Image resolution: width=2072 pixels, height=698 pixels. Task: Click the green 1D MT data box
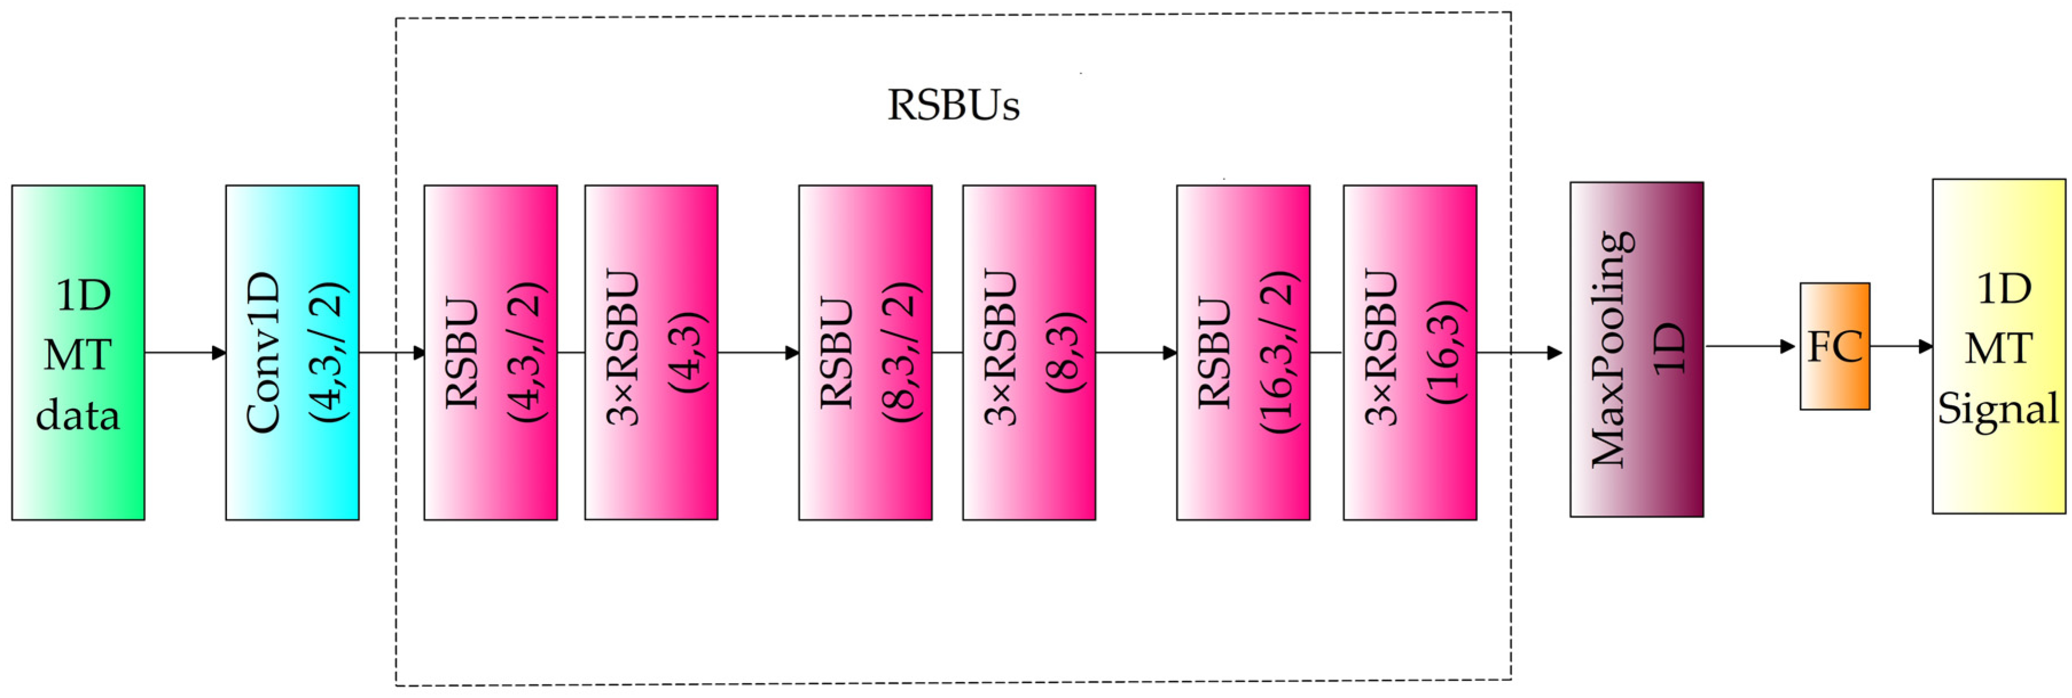(78, 352)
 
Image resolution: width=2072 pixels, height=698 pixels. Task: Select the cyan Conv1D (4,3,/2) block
(292, 352)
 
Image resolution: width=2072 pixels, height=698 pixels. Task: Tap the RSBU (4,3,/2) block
(491, 352)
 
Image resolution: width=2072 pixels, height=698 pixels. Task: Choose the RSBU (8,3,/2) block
(865, 352)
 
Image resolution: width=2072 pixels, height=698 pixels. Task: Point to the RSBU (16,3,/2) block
(1243, 352)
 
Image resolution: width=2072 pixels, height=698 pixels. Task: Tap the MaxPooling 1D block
(1636, 349)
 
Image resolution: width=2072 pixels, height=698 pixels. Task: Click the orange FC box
(1835, 346)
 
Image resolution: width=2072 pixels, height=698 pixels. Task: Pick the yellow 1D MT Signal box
(1999, 346)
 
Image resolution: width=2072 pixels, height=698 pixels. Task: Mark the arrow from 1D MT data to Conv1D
(185, 352)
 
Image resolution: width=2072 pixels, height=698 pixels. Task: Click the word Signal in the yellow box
(1998, 409)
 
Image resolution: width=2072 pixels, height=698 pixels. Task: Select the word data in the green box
(78, 415)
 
